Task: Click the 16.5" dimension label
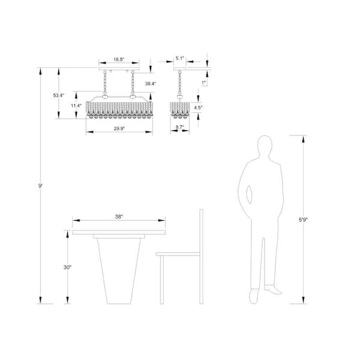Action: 119,60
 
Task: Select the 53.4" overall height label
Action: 59,95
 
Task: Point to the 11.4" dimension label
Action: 76,106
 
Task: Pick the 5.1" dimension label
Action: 179,59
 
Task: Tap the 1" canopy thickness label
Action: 204,82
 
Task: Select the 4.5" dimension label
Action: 199,108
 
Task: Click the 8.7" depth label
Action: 179,128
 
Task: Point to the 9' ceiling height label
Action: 41,187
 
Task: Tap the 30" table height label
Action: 68,267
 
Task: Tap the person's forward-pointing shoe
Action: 273,289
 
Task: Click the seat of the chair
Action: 178,254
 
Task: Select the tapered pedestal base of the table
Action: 119,270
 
